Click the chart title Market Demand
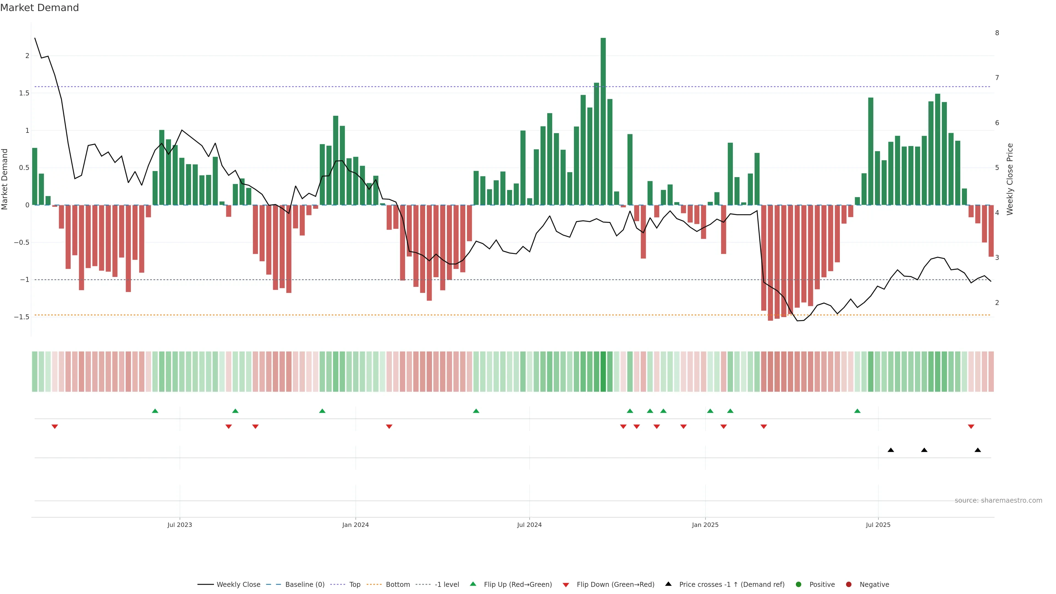pos(39,8)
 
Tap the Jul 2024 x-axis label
pos(529,525)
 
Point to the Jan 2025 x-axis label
pos(705,525)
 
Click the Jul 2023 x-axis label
pos(180,525)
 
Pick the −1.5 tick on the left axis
pos(22,317)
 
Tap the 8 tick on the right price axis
pos(997,33)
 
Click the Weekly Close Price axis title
pos(1010,179)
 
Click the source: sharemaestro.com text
pos(998,501)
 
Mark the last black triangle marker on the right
pos(978,450)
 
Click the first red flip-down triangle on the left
pos(54,427)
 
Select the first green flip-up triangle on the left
pos(155,411)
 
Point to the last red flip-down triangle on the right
pos(971,427)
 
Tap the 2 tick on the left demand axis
pos(27,56)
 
